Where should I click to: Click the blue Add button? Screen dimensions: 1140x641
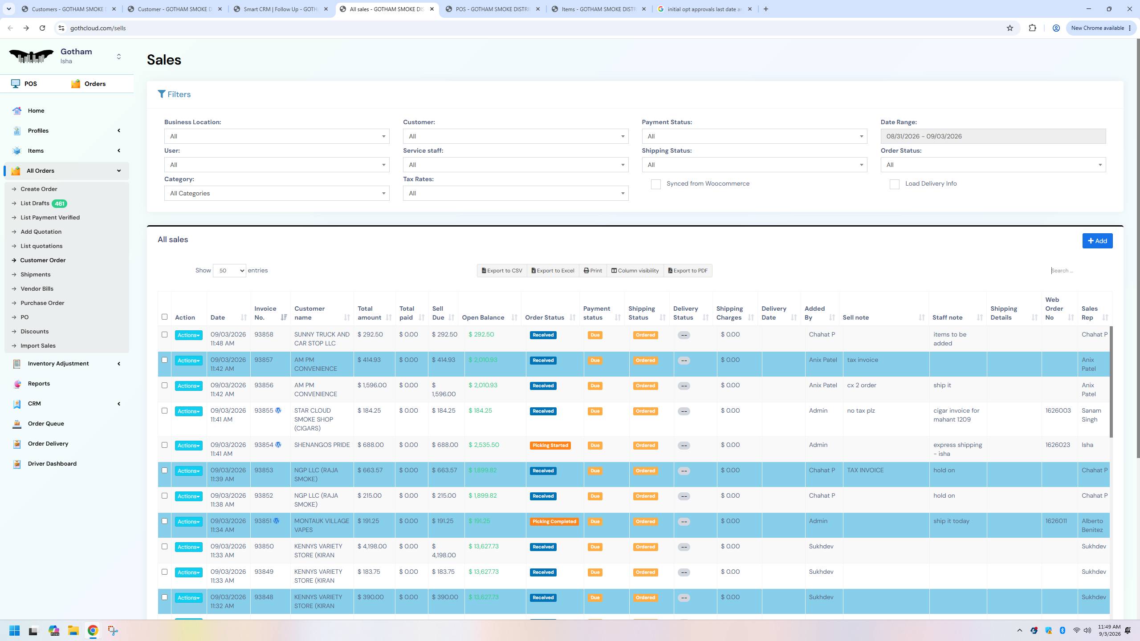(x=1097, y=241)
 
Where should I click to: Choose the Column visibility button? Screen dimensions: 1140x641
(x=635, y=271)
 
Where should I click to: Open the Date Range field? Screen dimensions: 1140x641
(x=993, y=136)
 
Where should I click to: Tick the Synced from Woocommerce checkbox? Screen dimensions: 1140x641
(x=655, y=184)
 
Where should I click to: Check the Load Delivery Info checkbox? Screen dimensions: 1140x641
(x=894, y=184)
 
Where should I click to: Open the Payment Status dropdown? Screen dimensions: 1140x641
(x=754, y=136)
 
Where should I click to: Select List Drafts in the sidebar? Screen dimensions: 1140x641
(x=35, y=203)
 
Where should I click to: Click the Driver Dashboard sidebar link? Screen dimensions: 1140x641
(x=52, y=463)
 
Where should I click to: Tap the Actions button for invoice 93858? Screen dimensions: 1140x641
(x=188, y=335)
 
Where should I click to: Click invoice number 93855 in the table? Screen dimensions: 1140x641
(x=264, y=410)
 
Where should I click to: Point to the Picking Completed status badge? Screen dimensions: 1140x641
(x=554, y=521)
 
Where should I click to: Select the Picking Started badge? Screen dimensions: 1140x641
(x=550, y=445)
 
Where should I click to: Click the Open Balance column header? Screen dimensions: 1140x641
(x=483, y=317)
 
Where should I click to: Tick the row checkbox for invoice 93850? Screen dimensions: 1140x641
(x=164, y=547)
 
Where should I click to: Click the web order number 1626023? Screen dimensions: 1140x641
(x=1058, y=445)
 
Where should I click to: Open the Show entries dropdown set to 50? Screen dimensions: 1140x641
(x=229, y=271)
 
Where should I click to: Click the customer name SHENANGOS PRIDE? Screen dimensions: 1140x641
(x=322, y=445)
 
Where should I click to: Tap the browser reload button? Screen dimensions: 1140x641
(x=42, y=28)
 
